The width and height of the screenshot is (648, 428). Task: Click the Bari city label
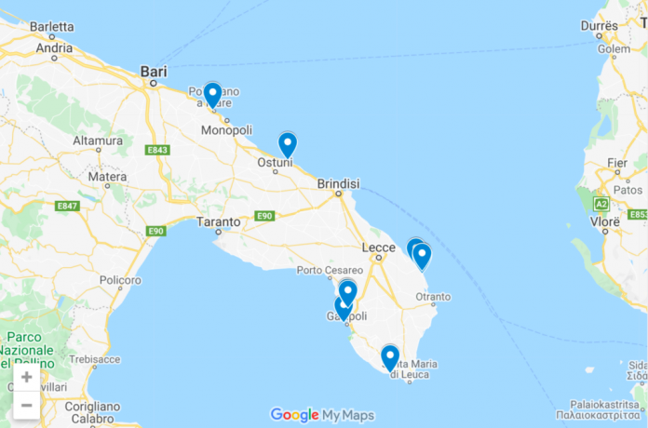click(153, 70)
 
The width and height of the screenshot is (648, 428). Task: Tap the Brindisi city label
click(338, 184)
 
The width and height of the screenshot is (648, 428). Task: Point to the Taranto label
click(219, 222)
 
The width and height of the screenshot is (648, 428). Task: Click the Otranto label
click(433, 298)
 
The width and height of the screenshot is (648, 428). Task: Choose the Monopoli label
click(229, 130)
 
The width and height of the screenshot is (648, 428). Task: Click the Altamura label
click(98, 141)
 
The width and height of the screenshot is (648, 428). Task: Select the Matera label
click(107, 177)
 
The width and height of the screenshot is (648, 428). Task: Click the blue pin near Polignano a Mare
click(212, 95)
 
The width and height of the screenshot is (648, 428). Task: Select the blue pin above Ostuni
click(288, 144)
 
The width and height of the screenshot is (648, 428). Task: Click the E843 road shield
click(157, 150)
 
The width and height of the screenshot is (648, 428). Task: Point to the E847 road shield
click(67, 206)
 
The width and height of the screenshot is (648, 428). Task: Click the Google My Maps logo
click(322, 415)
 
